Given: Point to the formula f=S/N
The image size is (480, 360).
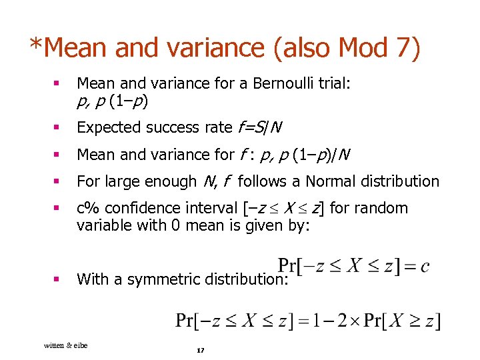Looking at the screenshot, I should point(263,127).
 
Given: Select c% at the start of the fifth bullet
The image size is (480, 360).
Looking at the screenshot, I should point(86,208).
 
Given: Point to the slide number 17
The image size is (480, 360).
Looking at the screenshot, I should point(200,351).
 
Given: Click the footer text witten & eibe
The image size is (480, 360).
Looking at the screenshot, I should point(65,345).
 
